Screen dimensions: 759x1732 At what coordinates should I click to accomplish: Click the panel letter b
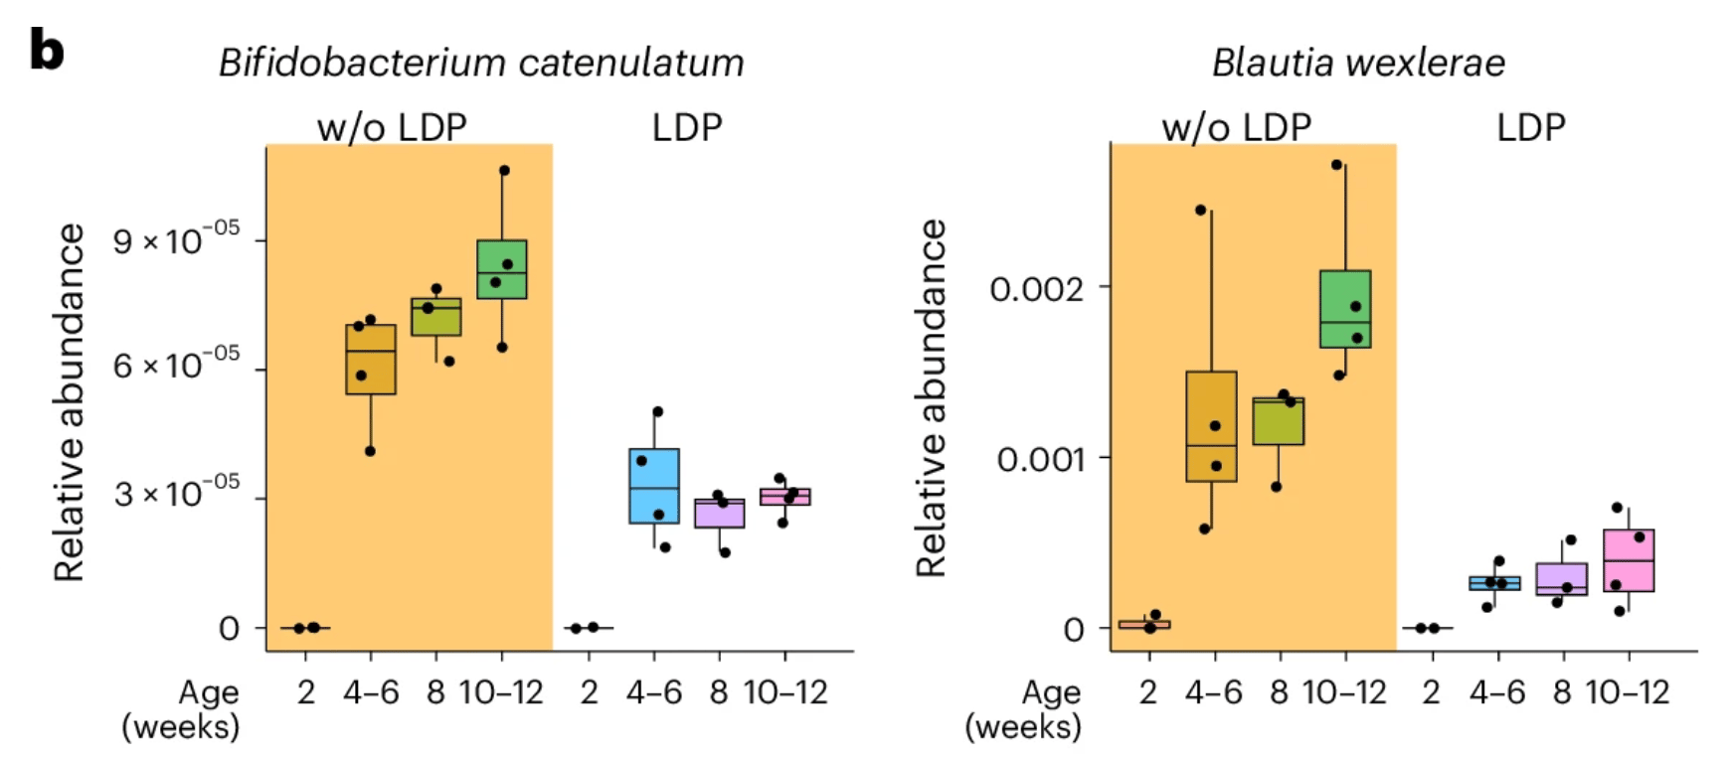tap(47, 50)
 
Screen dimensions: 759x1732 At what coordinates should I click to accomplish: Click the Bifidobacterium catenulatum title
tap(481, 64)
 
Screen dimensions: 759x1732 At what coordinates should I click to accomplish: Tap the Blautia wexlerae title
tap(1357, 64)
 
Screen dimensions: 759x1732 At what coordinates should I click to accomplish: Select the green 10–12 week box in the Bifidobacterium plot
tap(502, 269)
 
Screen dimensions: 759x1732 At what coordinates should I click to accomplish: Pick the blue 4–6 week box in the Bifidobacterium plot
tap(654, 486)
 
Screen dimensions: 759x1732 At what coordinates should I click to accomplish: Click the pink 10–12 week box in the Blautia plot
tap(1629, 560)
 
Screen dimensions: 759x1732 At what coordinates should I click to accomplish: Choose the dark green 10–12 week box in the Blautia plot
tap(1345, 309)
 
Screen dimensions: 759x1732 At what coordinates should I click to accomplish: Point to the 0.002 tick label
tap(1036, 289)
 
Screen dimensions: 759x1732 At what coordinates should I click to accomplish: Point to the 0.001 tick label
tap(1040, 459)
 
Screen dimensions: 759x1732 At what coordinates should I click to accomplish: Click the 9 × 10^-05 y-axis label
tap(176, 241)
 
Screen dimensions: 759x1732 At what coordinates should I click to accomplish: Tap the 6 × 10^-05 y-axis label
tap(176, 367)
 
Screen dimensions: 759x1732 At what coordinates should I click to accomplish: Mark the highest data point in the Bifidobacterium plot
tap(504, 171)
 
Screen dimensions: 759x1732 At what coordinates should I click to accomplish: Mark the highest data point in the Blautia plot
tap(1336, 165)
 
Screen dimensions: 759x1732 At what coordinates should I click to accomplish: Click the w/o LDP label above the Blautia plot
tap(1236, 128)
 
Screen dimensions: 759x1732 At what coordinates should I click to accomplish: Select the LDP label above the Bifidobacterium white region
tap(686, 128)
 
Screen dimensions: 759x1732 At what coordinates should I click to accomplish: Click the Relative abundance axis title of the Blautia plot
tap(932, 397)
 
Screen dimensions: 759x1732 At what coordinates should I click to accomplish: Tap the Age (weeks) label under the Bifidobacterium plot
tap(181, 709)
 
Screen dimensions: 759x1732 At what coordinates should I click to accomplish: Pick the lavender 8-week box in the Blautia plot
tap(1562, 579)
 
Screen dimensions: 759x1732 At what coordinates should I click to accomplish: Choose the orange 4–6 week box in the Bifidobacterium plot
tap(371, 360)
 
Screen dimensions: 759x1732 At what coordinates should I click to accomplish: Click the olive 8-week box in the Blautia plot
tap(1279, 421)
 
